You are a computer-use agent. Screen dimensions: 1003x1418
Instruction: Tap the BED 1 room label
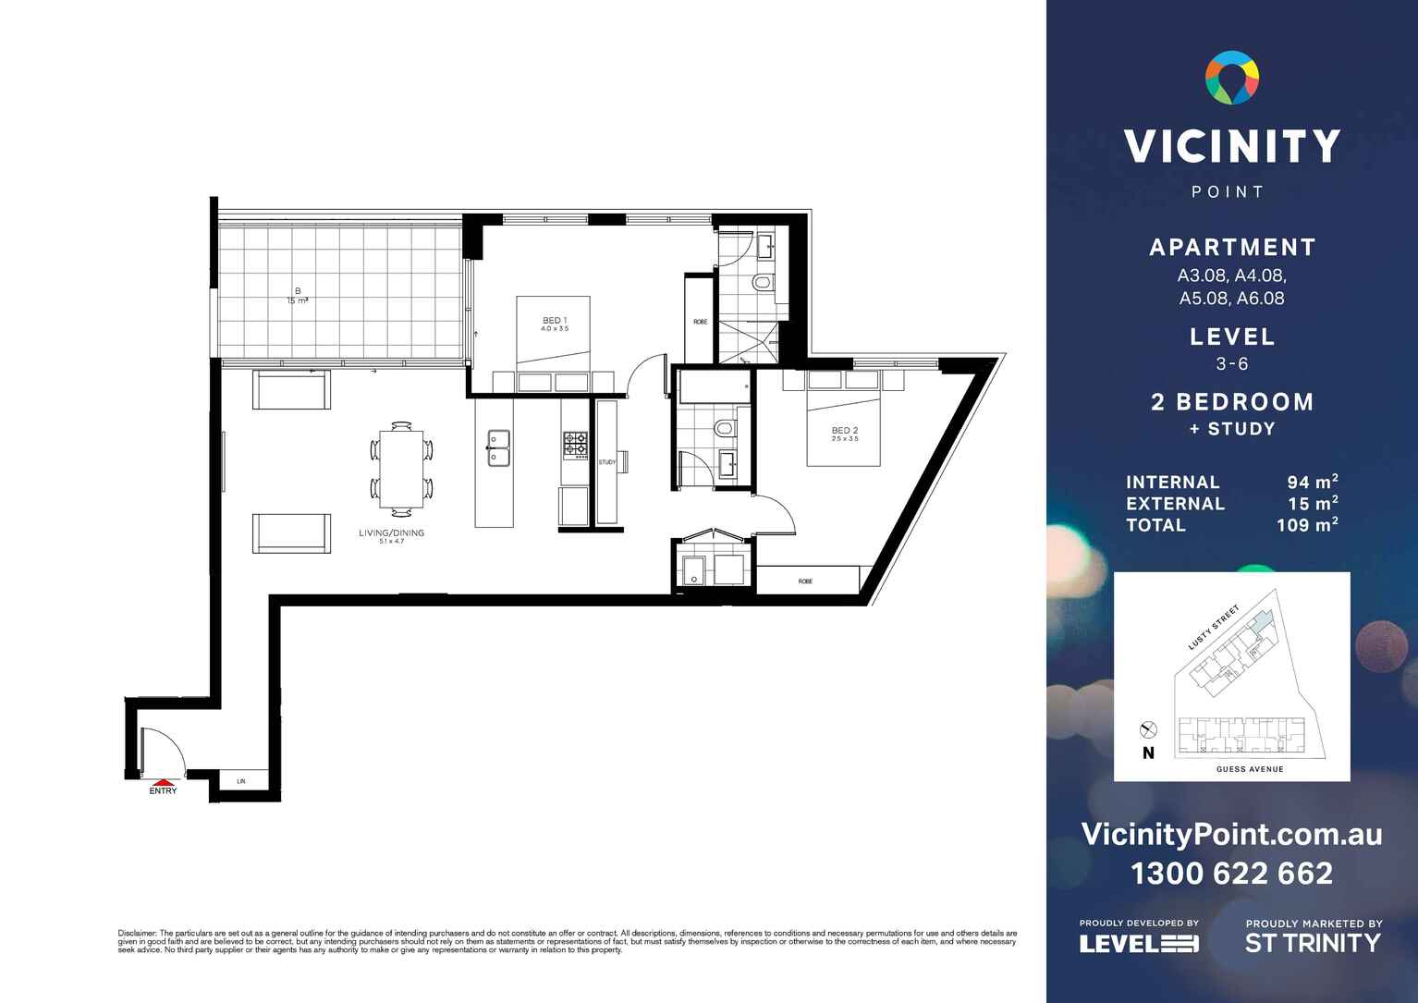point(555,322)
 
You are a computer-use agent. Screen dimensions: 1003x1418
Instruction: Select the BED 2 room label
point(845,432)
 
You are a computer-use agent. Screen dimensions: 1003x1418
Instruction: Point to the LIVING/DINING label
point(391,534)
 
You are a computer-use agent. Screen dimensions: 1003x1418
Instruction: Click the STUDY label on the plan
point(607,462)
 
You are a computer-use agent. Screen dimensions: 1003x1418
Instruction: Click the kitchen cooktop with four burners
point(576,446)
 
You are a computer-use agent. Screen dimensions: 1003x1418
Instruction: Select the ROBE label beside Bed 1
point(700,322)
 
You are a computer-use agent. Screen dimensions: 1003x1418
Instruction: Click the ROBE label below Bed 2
point(805,581)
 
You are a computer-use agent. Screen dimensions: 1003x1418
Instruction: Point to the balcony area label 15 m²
point(298,300)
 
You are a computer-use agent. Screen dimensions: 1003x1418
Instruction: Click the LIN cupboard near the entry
point(241,781)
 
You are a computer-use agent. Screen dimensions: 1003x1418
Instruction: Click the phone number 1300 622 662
point(1231,874)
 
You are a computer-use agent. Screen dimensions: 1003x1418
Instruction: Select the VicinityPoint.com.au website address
point(1231,835)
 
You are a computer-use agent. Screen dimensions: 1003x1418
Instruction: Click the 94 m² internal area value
point(1312,482)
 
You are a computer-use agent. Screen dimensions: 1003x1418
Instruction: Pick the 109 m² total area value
point(1306,525)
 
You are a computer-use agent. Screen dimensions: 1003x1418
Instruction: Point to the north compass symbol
point(1148,730)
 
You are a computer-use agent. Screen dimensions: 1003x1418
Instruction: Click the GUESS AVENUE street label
point(1250,769)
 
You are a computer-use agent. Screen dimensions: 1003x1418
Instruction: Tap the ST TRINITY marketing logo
point(1313,943)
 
